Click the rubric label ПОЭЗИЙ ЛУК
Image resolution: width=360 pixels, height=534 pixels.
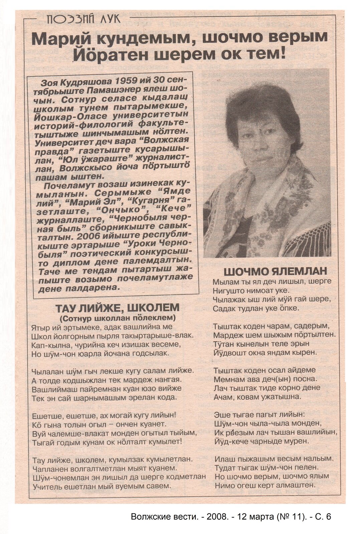[x=83, y=19]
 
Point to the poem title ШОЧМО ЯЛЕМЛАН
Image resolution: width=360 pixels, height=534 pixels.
[x=275, y=271]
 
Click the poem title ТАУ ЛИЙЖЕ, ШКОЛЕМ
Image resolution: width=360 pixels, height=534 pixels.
[x=117, y=307]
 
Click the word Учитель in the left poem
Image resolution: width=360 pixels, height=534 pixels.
[x=46, y=486]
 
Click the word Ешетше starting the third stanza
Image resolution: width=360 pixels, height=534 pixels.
[x=46, y=416]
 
